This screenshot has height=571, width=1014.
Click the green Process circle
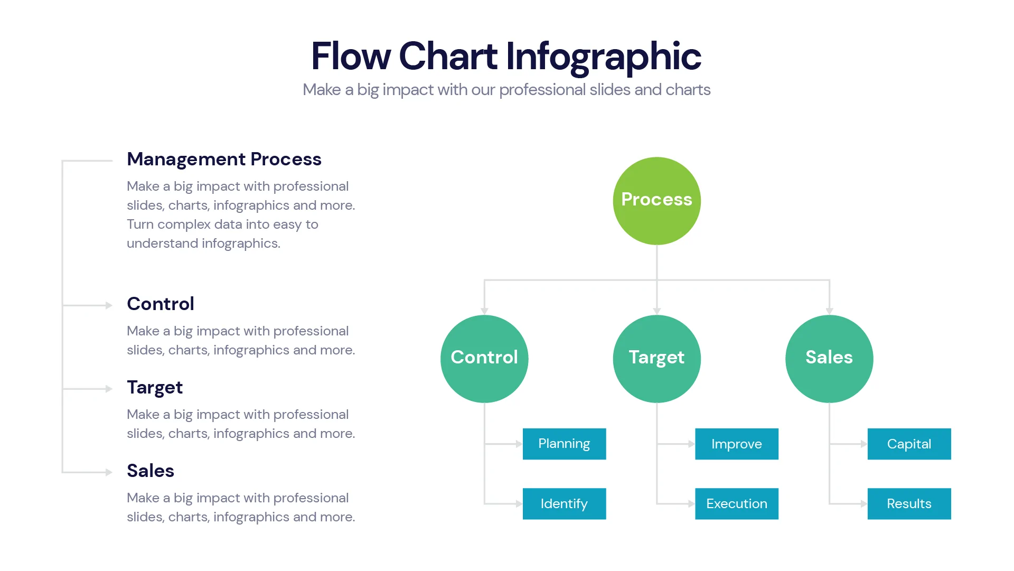click(x=656, y=201)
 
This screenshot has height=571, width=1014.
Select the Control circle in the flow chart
click(x=484, y=359)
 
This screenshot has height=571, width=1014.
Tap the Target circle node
click(x=656, y=359)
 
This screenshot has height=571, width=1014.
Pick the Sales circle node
click(x=829, y=359)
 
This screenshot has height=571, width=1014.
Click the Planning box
click(x=564, y=444)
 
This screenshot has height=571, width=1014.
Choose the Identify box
click(x=564, y=503)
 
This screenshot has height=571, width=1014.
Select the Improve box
click(x=736, y=444)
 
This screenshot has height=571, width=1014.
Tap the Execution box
click(x=736, y=503)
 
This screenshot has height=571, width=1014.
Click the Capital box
click(x=909, y=444)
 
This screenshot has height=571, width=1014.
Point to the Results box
click(x=909, y=503)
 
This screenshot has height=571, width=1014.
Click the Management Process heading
click(x=224, y=159)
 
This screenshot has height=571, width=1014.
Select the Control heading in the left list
click(x=161, y=304)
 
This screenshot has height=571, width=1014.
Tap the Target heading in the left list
click(x=155, y=388)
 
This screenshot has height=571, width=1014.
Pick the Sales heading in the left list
click(x=151, y=471)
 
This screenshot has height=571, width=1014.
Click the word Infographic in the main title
click(x=603, y=57)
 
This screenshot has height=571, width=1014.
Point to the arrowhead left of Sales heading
click(x=109, y=472)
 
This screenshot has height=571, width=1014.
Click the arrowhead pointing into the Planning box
click(x=519, y=444)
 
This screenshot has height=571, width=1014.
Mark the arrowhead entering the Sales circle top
click(x=829, y=311)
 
